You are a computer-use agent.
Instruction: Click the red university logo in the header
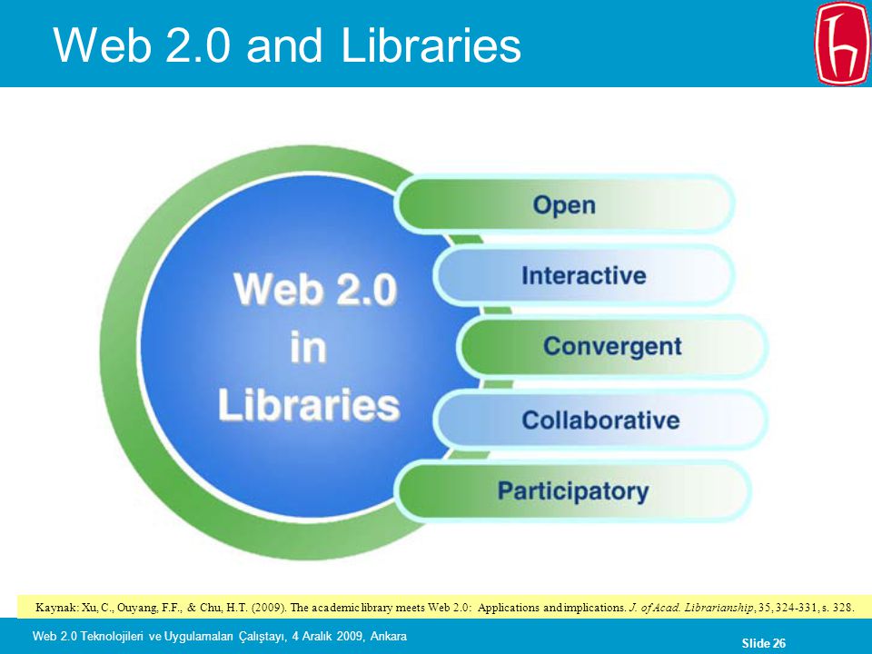[841, 44]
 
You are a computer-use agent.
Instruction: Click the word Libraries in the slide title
[431, 45]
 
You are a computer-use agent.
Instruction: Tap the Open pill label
[564, 205]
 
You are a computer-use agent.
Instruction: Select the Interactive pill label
[584, 276]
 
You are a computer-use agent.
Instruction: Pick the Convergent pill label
[612, 346]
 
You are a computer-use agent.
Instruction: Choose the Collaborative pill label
[600, 421]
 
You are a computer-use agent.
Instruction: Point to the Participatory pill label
[573, 491]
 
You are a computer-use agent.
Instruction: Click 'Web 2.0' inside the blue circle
[315, 289]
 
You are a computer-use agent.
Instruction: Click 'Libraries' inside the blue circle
[309, 404]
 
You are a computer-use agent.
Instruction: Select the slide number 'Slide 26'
[764, 643]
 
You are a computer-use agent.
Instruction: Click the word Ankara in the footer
[388, 636]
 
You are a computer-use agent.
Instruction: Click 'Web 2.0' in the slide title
[142, 45]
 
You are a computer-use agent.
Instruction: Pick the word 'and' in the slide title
[284, 45]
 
